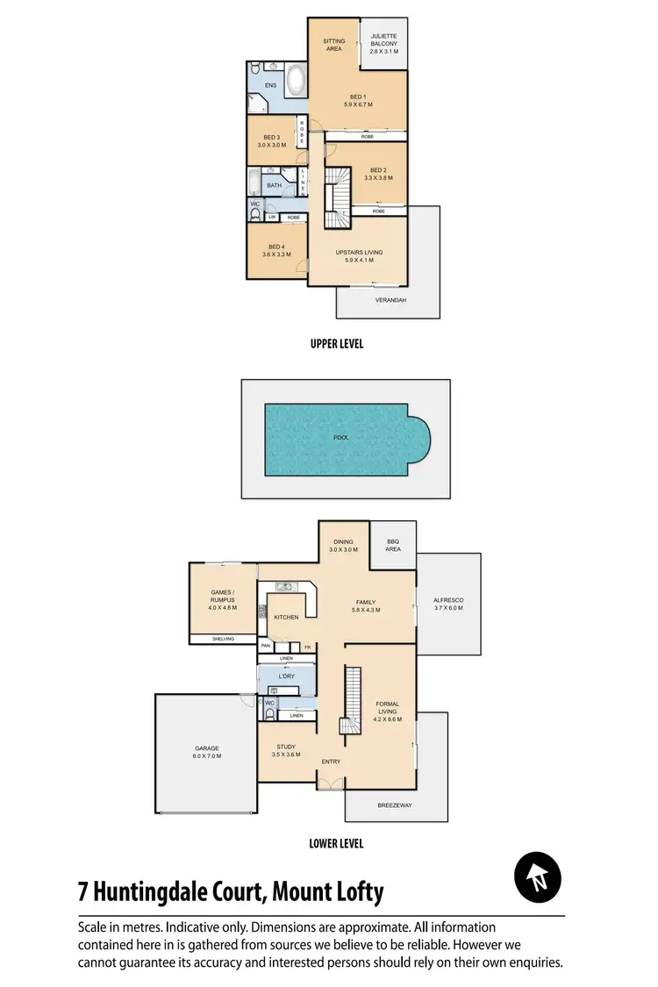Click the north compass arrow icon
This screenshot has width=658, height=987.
pyautogui.click(x=539, y=876)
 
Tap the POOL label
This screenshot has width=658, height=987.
pyautogui.click(x=341, y=436)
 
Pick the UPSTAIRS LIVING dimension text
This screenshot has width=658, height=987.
pyautogui.click(x=359, y=261)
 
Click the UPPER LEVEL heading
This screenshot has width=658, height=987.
pyautogui.click(x=336, y=345)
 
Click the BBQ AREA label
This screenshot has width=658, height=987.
pyautogui.click(x=393, y=546)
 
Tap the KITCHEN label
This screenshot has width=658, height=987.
pyautogui.click(x=286, y=618)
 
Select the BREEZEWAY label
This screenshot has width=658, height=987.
pyautogui.click(x=394, y=803)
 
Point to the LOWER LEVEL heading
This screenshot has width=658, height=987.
pyautogui.click(x=336, y=844)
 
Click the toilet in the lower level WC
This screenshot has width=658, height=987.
pyautogui.click(x=268, y=713)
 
